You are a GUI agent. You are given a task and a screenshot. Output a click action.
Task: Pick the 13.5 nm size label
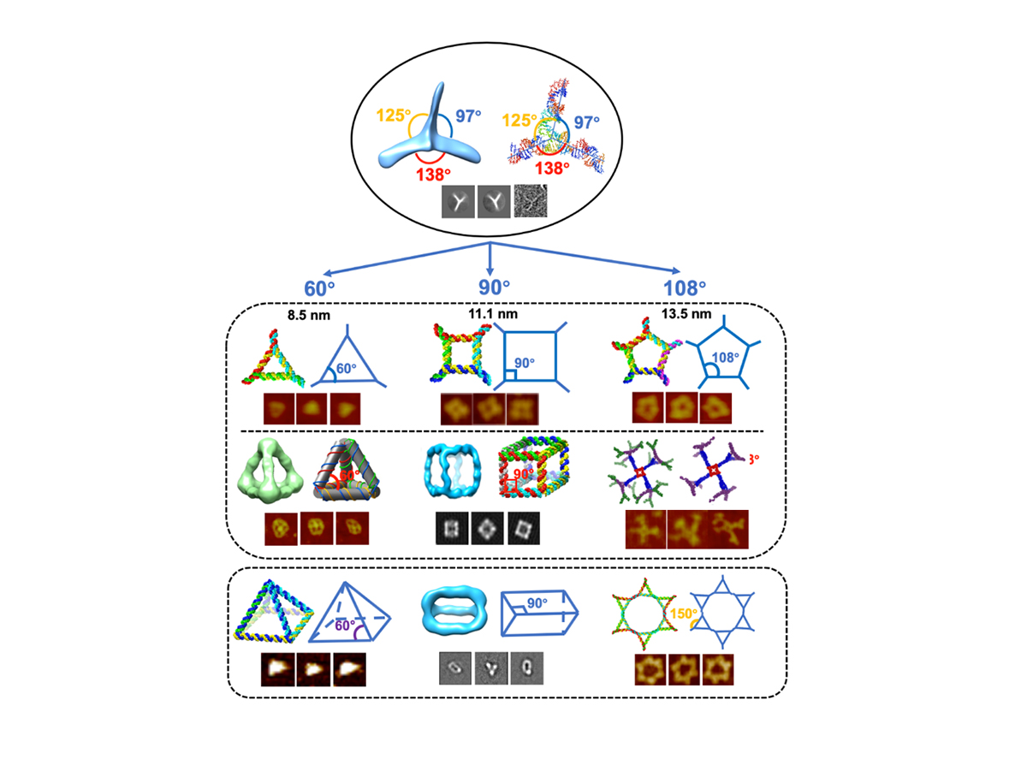[683, 314]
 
